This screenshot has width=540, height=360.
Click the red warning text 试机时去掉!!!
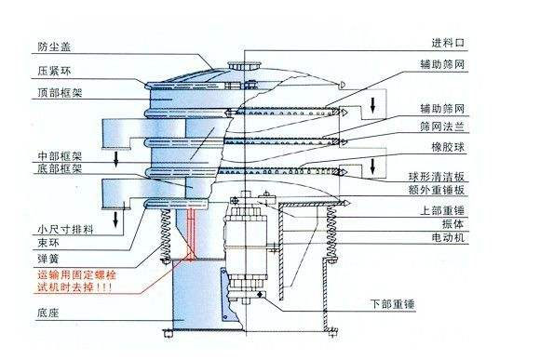tap(75, 288)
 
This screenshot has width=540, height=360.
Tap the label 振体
tap(445, 224)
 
